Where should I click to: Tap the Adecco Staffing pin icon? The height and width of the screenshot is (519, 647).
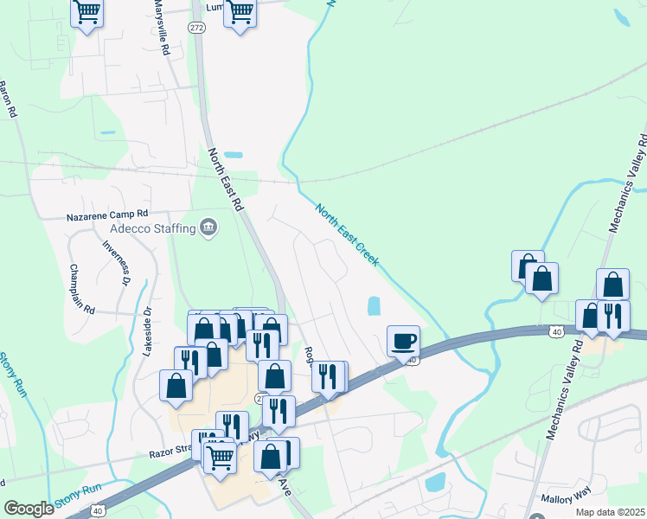tap(208, 228)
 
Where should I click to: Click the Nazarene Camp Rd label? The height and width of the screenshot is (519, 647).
tap(108, 214)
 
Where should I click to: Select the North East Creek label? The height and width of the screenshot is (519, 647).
tap(348, 235)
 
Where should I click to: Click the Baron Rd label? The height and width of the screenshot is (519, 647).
tap(8, 99)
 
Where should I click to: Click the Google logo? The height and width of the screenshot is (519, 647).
tap(29, 509)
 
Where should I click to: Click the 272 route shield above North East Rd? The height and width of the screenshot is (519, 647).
tap(195, 28)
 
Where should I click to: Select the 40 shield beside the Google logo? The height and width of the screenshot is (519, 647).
tap(99, 511)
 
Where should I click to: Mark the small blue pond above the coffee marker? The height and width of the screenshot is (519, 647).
tap(374, 306)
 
